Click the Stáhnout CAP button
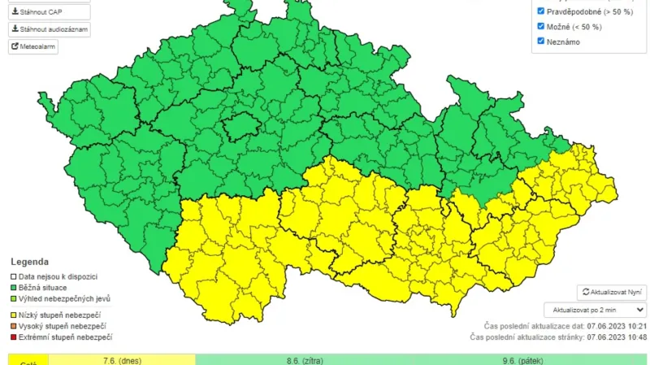click(x=49, y=12)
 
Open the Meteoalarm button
click(x=33, y=46)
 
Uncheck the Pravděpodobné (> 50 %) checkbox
click(x=542, y=11)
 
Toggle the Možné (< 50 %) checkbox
click(x=542, y=26)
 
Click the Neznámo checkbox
click(x=542, y=41)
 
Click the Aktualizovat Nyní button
click(x=612, y=292)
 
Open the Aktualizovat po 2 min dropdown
click(x=596, y=310)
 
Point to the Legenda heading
click(x=29, y=262)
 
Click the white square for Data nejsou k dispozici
click(x=13, y=276)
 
